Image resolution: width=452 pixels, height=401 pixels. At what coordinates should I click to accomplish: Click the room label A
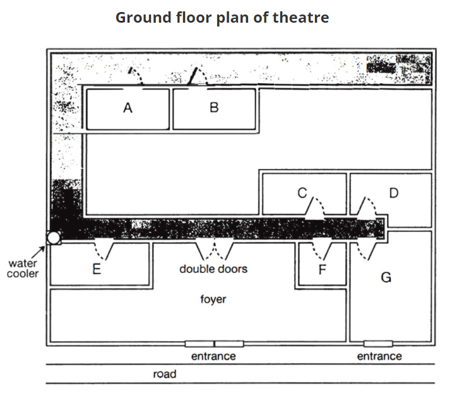coord(128,108)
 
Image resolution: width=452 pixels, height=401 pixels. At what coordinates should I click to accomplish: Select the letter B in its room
coord(214,108)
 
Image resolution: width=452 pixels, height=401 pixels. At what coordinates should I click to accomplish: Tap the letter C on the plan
coord(302,193)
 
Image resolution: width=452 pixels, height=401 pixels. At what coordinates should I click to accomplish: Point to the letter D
coord(394,193)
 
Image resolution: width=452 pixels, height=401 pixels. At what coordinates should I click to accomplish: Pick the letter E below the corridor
coord(97,269)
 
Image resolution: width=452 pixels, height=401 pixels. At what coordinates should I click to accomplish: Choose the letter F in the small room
coord(323,269)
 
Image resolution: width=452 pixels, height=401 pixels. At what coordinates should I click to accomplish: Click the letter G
coord(386,277)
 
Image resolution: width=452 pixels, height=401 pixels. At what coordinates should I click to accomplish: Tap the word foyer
coord(213,299)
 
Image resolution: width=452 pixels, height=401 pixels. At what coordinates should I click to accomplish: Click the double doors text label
coord(213,269)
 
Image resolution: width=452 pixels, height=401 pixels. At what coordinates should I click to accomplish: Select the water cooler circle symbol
coord(54,238)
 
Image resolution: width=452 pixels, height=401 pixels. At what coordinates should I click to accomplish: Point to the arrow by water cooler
coord(38,252)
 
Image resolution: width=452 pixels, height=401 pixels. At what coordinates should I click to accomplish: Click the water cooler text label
coord(23,269)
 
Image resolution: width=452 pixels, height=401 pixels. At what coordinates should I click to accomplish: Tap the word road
coord(165,374)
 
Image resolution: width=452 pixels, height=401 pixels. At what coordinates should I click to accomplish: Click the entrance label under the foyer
coord(213,356)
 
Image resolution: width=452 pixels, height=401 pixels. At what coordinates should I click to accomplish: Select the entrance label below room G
coord(379,356)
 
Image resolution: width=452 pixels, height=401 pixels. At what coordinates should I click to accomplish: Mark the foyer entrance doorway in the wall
coord(214,344)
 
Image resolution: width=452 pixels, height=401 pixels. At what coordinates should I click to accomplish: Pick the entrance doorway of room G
coord(378,344)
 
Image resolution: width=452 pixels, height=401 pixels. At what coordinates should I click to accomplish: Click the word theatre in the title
coord(300,17)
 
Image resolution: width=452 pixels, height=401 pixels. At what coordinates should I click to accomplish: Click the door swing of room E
coord(104,250)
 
